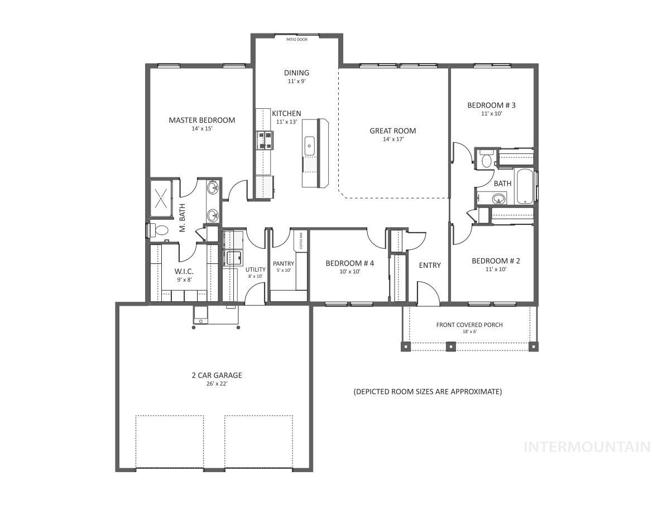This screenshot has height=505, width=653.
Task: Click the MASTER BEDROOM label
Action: click(201, 120)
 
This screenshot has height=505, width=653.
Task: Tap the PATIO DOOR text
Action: click(296, 40)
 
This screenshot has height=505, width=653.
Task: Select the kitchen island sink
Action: click(309, 146)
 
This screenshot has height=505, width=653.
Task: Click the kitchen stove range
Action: click(265, 140)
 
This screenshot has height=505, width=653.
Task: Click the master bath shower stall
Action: click(161, 198)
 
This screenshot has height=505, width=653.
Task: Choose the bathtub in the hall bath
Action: click(525, 186)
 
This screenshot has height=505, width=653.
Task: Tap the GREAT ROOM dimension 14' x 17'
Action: click(392, 140)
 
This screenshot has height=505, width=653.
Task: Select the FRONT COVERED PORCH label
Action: click(469, 325)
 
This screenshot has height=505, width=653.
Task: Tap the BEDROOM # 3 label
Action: click(491, 105)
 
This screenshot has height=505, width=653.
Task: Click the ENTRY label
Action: click(430, 265)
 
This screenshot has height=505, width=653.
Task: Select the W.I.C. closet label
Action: click(184, 271)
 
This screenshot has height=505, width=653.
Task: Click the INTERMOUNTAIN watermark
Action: click(587, 446)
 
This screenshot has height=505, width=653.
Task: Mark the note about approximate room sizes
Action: click(428, 392)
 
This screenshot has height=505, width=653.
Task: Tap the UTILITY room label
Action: click(256, 270)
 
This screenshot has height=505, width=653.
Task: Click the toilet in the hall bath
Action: click(486, 160)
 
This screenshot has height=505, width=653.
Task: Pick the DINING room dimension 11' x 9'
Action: click(296, 81)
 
